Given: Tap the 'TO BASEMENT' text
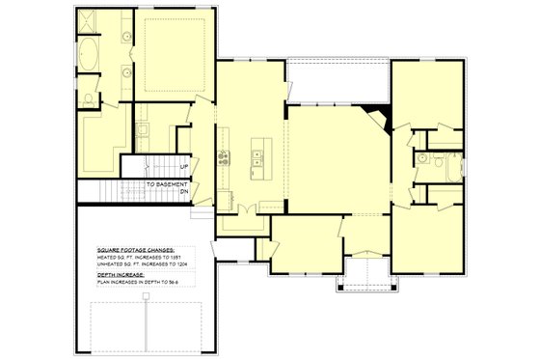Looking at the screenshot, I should pos(166,181).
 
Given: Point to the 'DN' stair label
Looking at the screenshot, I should pos(183,191).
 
